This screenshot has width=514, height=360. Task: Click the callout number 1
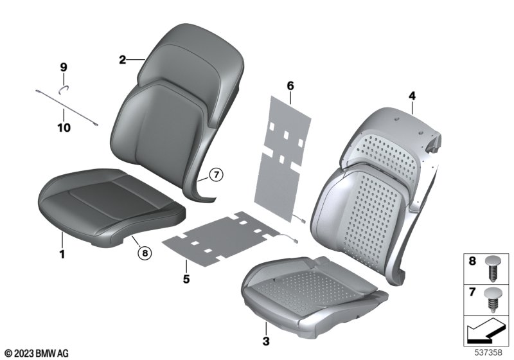[62, 254]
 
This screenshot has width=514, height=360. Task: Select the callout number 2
[122, 60]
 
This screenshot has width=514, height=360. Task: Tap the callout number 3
[266, 341]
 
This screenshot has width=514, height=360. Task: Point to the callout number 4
[412, 96]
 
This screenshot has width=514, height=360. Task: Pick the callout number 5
[186, 280]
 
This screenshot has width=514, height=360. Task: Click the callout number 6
[290, 86]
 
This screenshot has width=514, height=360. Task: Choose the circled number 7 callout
[217, 175]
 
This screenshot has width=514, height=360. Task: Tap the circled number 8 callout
[145, 253]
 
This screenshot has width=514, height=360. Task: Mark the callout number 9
[64, 67]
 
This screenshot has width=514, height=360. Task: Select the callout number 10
[64, 127]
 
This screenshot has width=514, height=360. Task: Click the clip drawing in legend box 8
[492, 269]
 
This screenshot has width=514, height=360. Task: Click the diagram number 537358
[488, 353]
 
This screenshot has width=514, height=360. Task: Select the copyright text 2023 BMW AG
[37, 353]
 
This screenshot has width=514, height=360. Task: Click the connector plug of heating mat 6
[303, 221]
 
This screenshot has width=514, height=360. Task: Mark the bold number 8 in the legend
[472, 261]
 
